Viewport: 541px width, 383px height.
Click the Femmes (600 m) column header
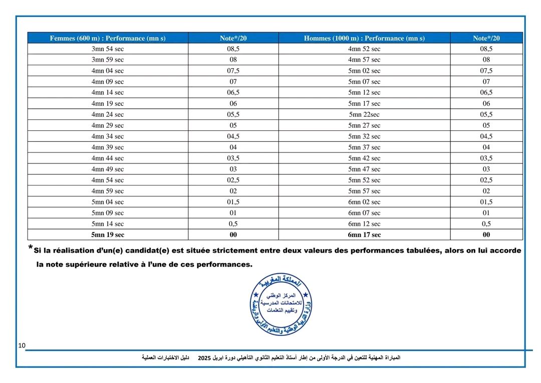click(108, 38)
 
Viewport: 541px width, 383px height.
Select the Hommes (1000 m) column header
click(364, 38)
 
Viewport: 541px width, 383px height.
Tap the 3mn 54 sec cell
click(108, 49)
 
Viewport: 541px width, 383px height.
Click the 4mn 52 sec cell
click(364, 49)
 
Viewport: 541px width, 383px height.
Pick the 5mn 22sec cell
click(364, 114)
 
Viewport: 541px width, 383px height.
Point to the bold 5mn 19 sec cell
click(108, 235)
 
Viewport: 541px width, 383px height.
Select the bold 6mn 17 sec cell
click(364, 235)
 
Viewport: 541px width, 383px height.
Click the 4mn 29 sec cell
click(108, 125)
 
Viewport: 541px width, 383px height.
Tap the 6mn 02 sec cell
click(364, 202)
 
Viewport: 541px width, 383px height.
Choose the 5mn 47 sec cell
click(364, 169)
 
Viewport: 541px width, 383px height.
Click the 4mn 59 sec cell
click(108, 191)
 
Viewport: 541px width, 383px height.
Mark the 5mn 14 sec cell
click(108, 224)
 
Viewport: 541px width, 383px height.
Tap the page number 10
click(22, 346)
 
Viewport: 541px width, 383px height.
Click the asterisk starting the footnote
click(31, 248)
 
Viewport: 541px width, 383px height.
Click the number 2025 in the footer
click(204, 358)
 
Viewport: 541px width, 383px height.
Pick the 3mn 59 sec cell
click(108, 60)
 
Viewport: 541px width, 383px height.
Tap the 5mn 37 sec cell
click(364, 147)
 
